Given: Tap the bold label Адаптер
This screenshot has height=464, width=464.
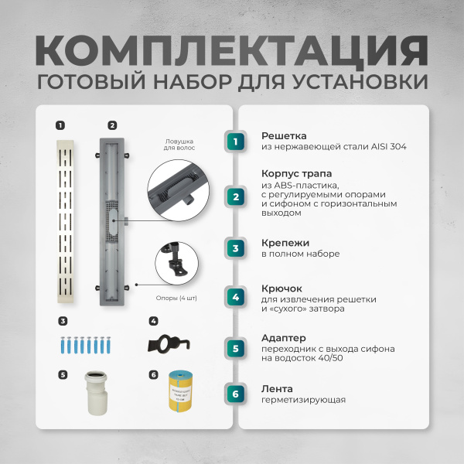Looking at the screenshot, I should tap(283, 338).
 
